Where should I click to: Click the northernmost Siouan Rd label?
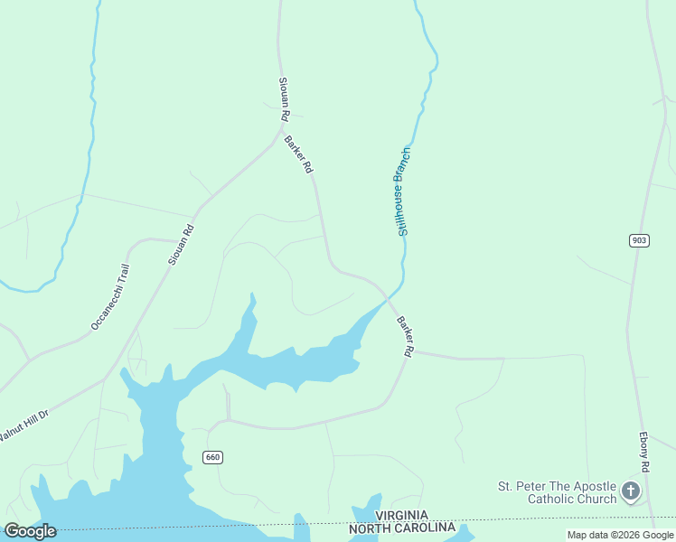[284, 99]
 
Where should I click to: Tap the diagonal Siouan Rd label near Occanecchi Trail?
[181, 244]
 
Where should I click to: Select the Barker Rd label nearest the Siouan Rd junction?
[298, 154]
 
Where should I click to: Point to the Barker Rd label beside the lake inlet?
[404, 335]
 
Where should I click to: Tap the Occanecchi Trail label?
[111, 296]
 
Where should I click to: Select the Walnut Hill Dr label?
[23, 425]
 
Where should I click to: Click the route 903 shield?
[639, 239]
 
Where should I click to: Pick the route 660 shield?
[212, 457]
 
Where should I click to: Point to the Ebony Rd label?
[645, 453]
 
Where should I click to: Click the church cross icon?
[630, 492]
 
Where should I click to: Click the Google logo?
[29, 531]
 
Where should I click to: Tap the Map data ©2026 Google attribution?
[620, 535]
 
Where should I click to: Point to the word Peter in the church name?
[537, 486]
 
